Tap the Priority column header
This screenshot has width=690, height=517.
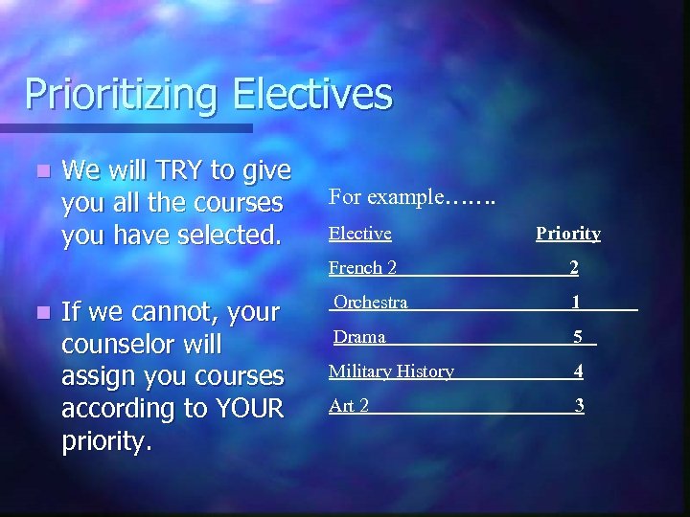point(567,233)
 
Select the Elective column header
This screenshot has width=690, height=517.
point(360,233)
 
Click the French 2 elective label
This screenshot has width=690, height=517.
point(362,268)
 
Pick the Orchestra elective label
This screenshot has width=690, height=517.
point(371,303)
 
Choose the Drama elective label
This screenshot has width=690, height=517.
point(359,337)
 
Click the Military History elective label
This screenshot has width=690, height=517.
point(391,371)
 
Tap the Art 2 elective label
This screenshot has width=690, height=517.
point(349,406)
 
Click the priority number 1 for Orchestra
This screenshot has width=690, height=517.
point(575,303)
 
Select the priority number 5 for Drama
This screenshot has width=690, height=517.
point(578,337)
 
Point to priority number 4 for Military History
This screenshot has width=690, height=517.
point(579,371)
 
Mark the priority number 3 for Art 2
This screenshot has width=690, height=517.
point(579,406)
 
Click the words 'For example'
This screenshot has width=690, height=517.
point(386,197)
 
